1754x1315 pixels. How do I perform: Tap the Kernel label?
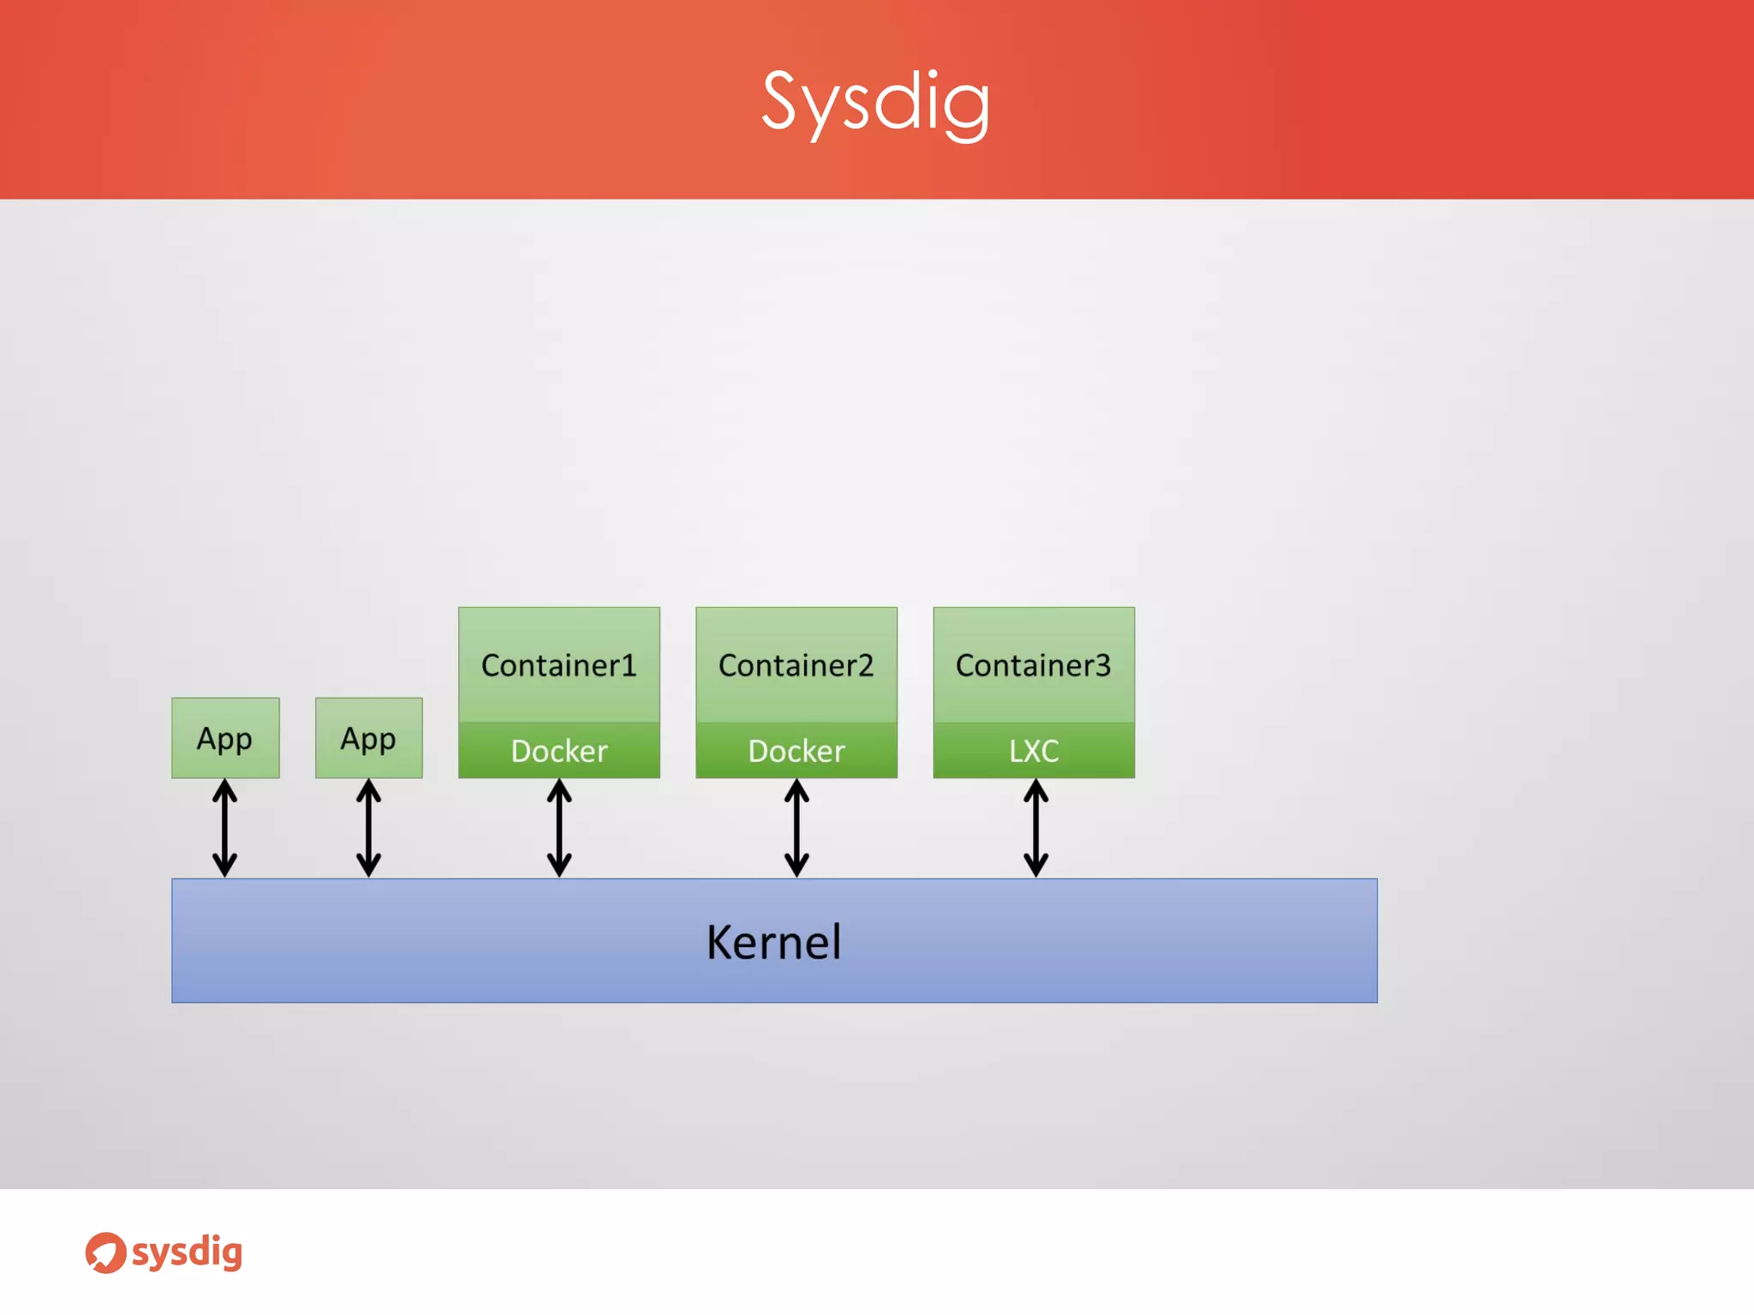773,943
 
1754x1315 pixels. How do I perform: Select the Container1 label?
558,665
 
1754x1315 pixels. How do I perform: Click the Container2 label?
796,665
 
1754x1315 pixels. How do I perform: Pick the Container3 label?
1033,665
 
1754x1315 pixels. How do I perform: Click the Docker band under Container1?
558,751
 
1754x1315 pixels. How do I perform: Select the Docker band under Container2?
796,751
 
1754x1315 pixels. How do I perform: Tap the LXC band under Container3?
1034,751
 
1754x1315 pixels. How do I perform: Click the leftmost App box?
225,738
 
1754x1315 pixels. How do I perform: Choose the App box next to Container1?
368,738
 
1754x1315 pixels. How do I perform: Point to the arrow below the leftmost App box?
225,828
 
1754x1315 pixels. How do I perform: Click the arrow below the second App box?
368,828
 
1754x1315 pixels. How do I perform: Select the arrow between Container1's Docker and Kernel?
559,828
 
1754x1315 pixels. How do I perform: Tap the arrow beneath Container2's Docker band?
796,828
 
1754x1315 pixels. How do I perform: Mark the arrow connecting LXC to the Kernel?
1035,828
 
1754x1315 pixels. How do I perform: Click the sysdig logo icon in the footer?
105,1253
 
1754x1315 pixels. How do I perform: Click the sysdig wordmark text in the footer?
187,1253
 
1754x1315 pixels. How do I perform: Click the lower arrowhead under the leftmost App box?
225,865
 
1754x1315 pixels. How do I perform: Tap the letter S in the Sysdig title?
780,101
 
